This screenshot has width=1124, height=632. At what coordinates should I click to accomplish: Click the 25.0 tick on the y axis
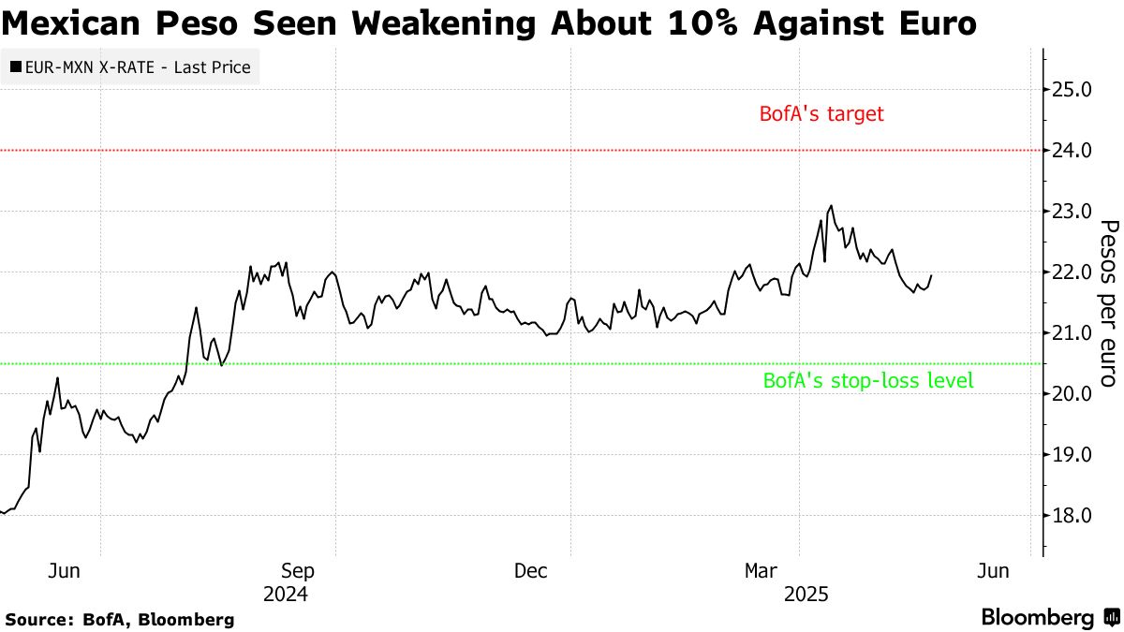[1072, 90]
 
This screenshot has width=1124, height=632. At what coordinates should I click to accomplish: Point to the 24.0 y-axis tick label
[1072, 151]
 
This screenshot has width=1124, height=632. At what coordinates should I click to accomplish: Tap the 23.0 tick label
[1072, 212]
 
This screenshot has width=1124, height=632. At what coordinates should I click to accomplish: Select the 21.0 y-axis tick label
[1072, 333]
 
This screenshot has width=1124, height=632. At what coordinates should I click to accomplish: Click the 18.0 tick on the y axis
[1072, 516]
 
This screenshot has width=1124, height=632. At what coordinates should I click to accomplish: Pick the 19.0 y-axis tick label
[1072, 455]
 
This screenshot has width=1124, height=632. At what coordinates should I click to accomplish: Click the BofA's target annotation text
[821, 114]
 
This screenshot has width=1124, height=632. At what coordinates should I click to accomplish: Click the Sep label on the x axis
[297, 571]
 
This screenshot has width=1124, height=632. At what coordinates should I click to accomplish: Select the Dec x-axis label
[531, 571]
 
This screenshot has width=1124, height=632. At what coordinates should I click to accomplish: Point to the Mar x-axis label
[761, 571]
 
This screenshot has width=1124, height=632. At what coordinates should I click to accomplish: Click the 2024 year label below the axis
[285, 595]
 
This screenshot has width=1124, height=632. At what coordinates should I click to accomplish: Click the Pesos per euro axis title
[1108, 304]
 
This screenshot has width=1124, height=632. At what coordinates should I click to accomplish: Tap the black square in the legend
[16, 67]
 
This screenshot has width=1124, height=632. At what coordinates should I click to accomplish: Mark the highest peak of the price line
[831, 206]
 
